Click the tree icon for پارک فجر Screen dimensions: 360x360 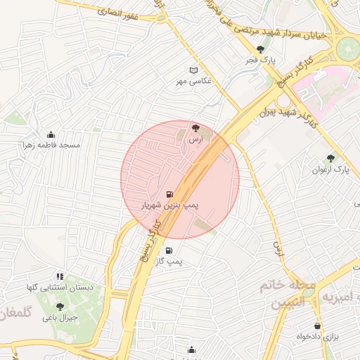pyautogui.click(x=262, y=49)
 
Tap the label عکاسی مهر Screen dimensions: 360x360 pyautogui.click(x=194, y=82)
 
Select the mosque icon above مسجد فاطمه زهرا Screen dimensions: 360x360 pyautogui.click(x=51, y=134)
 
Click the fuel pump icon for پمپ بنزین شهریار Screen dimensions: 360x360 pyautogui.click(x=169, y=194)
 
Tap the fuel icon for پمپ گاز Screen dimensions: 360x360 pyautogui.click(x=168, y=251)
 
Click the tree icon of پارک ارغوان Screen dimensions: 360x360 pyautogui.click(x=331, y=158)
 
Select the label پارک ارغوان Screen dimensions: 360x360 pyautogui.click(x=331, y=169)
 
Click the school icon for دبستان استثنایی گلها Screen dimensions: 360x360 pyautogui.click(x=60, y=276)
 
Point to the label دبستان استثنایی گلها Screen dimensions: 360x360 pyautogui.click(x=60, y=288)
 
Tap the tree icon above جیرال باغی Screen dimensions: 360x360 pyautogui.click(x=60, y=306)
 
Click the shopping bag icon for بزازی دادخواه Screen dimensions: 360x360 pyautogui.click(x=319, y=326)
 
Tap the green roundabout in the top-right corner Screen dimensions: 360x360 pyautogui.click(x=347, y=49)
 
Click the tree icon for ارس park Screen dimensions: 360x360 pyautogui.click(x=195, y=128)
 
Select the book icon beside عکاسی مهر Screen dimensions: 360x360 pyautogui.click(x=195, y=70)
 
